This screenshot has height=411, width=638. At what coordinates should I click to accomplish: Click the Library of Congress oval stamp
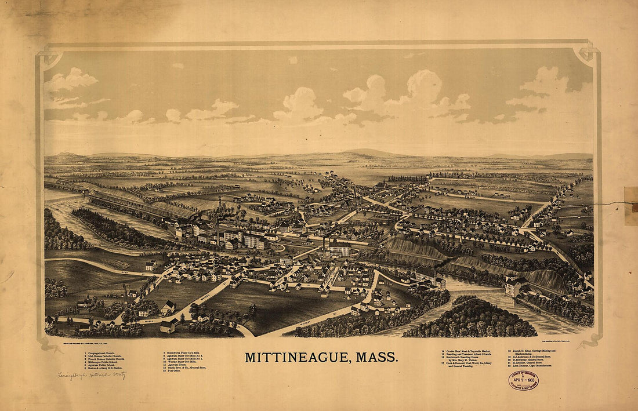[524, 380]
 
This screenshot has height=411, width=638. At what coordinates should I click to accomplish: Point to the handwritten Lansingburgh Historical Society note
[92, 375]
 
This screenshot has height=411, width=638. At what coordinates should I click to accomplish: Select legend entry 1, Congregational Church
[105, 352]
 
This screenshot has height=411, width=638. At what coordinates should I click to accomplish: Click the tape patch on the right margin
[630, 206]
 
